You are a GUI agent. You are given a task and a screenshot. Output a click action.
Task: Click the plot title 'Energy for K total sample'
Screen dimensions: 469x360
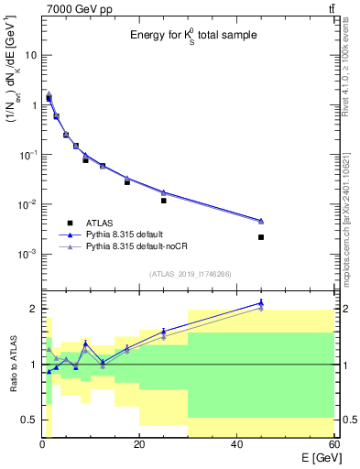tap(191, 36)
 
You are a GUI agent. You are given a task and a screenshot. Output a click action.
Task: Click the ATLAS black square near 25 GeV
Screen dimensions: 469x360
tap(164, 200)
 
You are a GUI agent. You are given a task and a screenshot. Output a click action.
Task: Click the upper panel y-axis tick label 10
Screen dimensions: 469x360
tap(30, 55)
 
